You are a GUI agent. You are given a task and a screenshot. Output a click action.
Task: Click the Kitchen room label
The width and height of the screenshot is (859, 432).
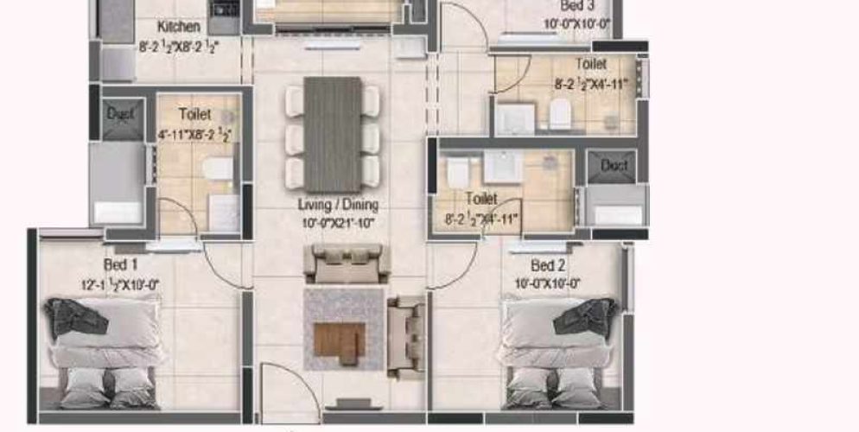click(x=179, y=27)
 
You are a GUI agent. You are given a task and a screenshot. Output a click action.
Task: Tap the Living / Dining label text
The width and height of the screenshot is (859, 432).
click(x=338, y=205)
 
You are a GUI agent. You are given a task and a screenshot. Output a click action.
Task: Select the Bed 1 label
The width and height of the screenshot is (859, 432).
click(x=120, y=264)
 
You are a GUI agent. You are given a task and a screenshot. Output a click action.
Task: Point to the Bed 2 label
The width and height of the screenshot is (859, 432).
click(x=548, y=265)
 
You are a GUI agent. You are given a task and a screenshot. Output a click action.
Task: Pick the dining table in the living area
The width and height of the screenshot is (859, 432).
click(x=333, y=134)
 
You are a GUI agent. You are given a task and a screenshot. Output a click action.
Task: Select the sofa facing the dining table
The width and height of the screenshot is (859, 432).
click(x=346, y=263)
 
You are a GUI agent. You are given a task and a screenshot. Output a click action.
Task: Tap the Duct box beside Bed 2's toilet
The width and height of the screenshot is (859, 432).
click(x=614, y=165)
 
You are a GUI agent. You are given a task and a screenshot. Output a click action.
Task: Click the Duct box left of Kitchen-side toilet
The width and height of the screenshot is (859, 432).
click(x=120, y=114)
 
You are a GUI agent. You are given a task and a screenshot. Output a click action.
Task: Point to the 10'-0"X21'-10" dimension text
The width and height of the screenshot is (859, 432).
click(x=338, y=222)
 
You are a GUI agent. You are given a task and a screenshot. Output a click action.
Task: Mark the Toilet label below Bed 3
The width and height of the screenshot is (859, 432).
click(x=591, y=64)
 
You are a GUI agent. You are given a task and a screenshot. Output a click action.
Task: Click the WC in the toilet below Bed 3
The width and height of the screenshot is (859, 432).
click(x=560, y=113)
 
